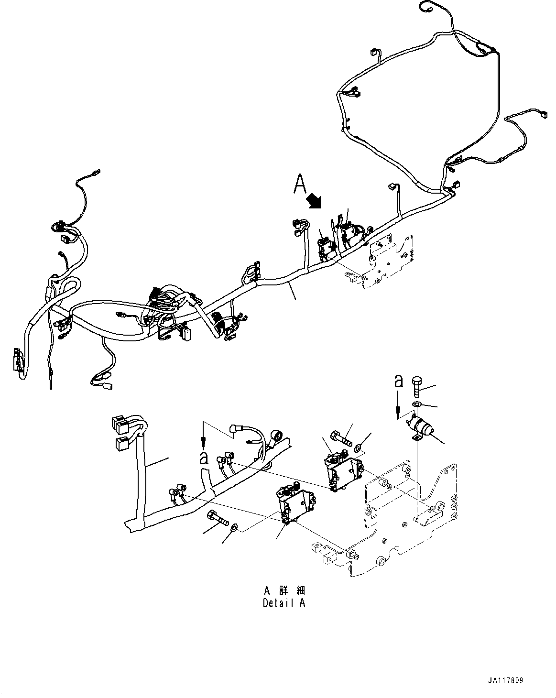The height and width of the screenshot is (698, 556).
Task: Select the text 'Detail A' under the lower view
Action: pyautogui.click(x=283, y=603)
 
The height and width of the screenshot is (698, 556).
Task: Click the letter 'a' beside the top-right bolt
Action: pyautogui.click(x=399, y=381)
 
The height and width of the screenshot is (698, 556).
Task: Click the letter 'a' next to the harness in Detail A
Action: pyautogui.click(x=204, y=458)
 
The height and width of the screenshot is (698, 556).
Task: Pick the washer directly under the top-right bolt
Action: pyautogui.click(x=416, y=405)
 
